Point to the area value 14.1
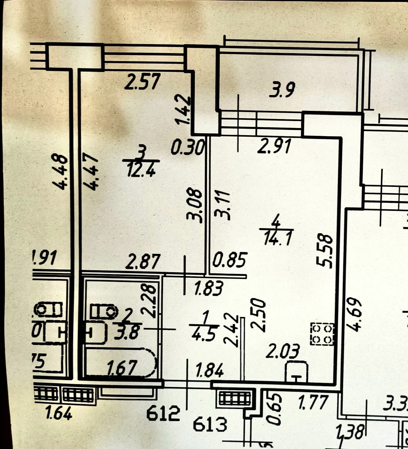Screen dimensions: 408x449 (x=277, y=238)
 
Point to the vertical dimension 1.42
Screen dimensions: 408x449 (x=184, y=110)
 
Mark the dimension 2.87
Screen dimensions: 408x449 (x=143, y=261)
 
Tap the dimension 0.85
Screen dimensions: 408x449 (x=229, y=260)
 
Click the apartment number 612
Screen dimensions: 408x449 (x=163, y=414)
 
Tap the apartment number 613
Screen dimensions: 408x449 (x=210, y=425)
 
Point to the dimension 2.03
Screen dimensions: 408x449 (x=283, y=352)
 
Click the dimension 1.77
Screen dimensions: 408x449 (x=313, y=403)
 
